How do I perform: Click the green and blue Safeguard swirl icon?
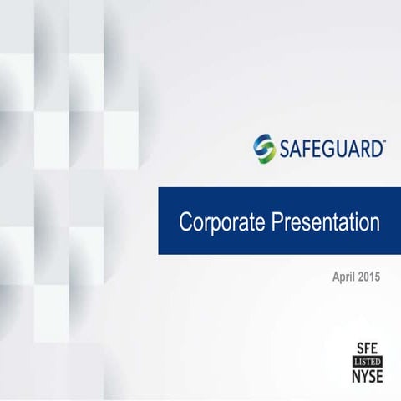tap(264, 149)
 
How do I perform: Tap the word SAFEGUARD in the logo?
tap(330, 149)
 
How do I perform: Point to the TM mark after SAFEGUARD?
tap(383, 142)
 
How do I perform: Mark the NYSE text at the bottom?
tap(366, 377)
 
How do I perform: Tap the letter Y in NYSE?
tap(362, 377)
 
